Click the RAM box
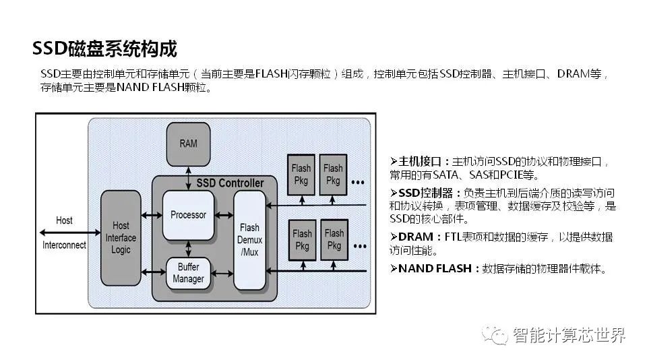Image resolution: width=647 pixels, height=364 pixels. (x=188, y=144)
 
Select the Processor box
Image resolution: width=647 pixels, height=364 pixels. (x=188, y=215)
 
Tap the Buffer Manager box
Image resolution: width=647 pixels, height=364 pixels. (x=188, y=273)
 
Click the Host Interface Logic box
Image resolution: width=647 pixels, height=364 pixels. (x=121, y=238)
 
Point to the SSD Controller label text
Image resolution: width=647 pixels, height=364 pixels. (x=230, y=183)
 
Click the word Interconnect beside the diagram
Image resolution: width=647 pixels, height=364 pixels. (x=64, y=245)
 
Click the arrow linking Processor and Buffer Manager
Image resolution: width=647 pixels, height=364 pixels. (x=188, y=249)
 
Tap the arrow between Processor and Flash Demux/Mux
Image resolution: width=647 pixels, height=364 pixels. (x=224, y=216)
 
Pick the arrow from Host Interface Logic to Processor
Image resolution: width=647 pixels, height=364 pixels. (x=152, y=216)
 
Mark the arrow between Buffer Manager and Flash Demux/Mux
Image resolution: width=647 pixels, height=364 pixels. (x=224, y=272)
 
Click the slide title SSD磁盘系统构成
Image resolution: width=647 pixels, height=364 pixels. (x=104, y=49)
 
